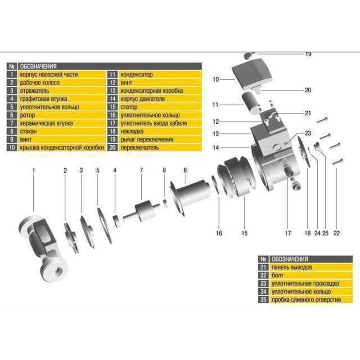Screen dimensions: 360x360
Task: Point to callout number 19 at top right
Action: [x=308, y=54]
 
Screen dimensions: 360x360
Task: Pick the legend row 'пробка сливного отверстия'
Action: [x=306, y=300]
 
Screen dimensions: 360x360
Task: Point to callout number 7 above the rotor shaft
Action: [x=141, y=170]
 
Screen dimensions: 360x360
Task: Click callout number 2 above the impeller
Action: [x=65, y=170]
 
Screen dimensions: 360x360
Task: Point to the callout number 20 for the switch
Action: [x=308, y=90]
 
